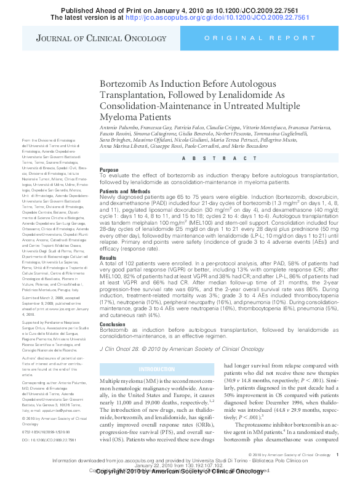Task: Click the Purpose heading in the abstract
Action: tap(109, 170)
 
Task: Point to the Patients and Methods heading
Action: tap(129, 191)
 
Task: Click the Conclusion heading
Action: tap(113, 324)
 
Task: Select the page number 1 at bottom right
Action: tap(338, 454)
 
